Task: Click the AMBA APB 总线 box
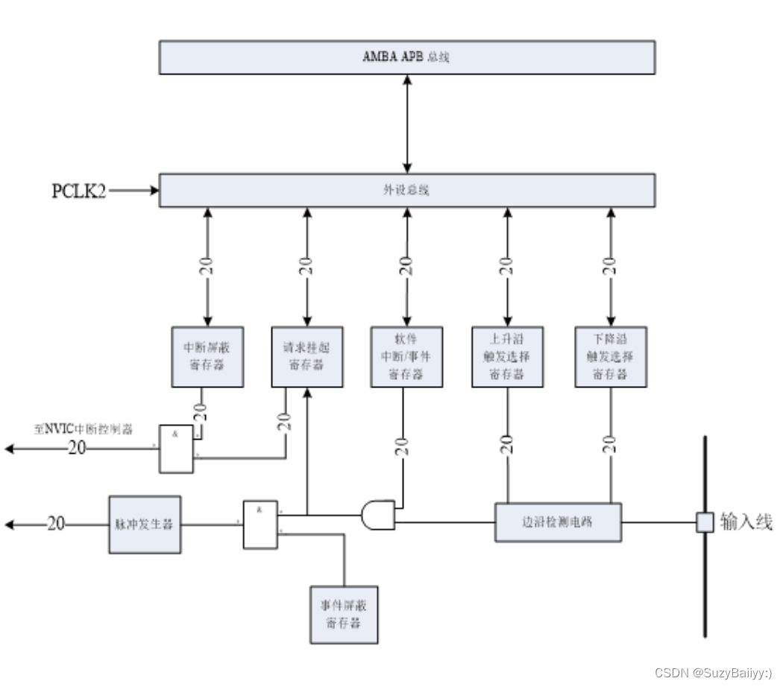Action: (406, 57)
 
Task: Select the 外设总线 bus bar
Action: (406, 190)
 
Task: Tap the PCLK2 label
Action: (78, 191)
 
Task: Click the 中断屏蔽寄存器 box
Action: (207, 357)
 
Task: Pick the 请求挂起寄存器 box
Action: (306, 357)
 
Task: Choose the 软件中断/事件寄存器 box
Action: (406, 357)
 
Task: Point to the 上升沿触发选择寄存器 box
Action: (508, 357)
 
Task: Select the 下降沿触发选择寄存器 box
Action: (611, 357)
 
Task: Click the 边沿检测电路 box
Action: (558, 522)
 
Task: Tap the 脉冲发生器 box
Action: (145, 525)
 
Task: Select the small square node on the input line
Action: (704, 522)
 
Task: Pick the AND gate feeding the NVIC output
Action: (176, 449)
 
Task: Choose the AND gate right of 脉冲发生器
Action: (260, 525)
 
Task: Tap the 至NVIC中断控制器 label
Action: (83, 429)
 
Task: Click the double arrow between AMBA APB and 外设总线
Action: (407, 124)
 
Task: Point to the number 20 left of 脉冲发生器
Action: (56, 525)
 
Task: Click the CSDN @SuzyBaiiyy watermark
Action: (713, 673)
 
